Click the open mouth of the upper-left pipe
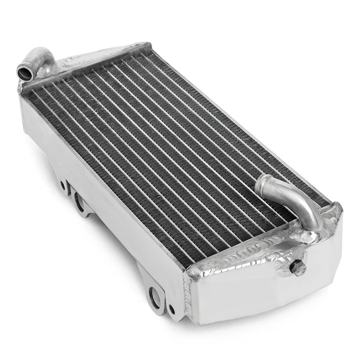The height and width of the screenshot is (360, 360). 23,72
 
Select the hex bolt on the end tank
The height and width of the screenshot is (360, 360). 298,269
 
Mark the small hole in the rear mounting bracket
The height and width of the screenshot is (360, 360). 63,185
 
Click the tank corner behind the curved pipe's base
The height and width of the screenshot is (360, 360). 338,209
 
